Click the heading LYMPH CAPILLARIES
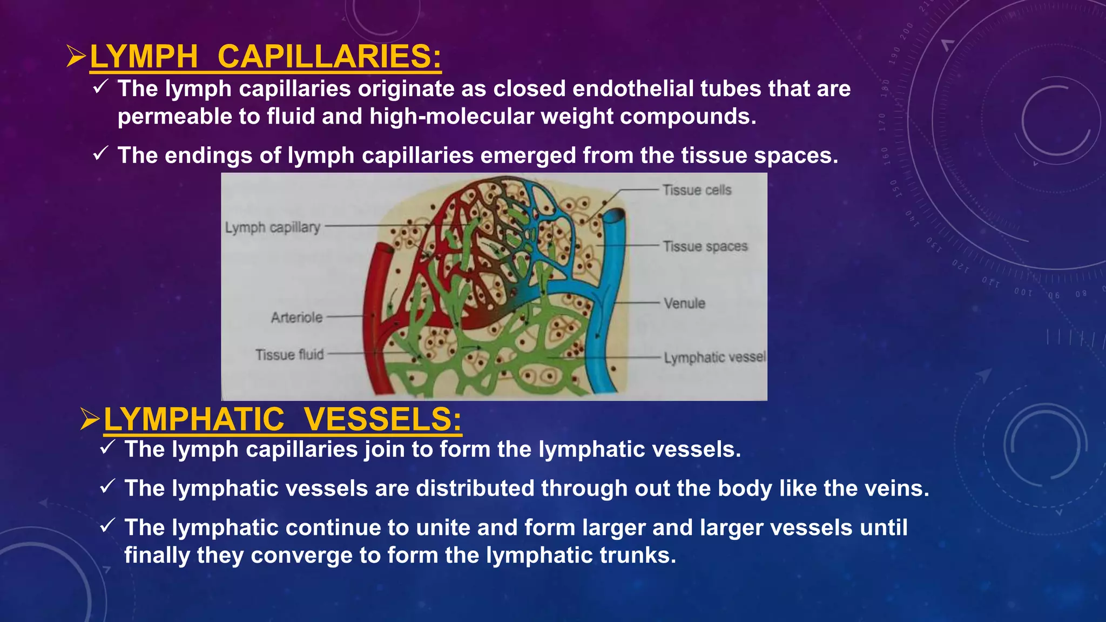point(265,56)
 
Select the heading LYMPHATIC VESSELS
point(282,419)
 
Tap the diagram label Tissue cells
point(697,190)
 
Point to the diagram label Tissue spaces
point(705,246)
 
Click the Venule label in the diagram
point(684,303)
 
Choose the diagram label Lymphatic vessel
point(714,357)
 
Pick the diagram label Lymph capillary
point(273,227)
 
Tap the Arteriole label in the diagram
point(296,317)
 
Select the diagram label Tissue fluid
point(289,355)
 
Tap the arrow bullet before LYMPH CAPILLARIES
point(76,57)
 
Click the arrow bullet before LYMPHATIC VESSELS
point(90,420)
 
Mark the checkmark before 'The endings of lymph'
point(101,154)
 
